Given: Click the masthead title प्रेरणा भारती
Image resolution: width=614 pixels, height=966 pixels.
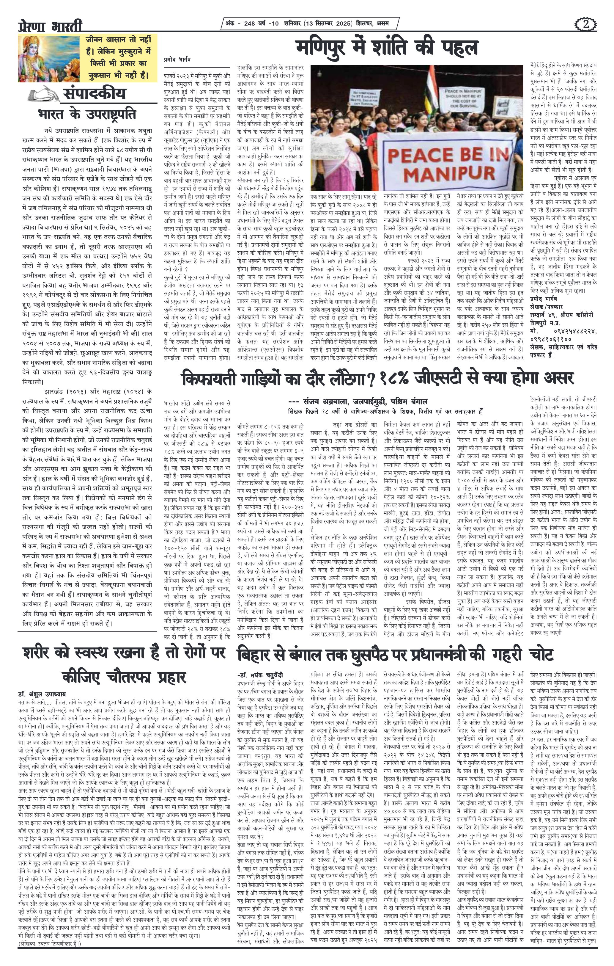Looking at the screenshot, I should pyautogui.click(x=50, y=26).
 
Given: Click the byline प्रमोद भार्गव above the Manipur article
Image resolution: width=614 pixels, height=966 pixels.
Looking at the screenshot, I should pyautogui.click(x=177, y=59).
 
